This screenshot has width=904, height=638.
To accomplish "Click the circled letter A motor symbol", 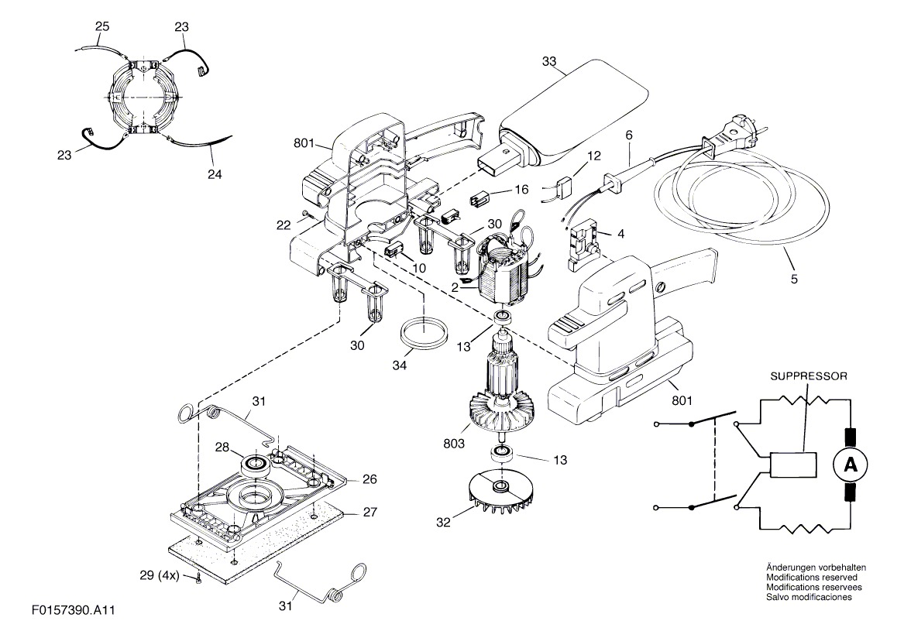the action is (x=851, y=464).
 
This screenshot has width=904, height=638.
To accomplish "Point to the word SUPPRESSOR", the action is (x=809, y=376).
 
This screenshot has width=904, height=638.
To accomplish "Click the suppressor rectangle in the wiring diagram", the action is (x=793, y=464).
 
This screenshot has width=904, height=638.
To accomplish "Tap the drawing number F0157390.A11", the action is (x=74, y=610).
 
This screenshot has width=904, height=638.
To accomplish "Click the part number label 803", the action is (x=454, y=444).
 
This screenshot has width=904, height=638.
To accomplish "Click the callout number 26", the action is (x=370, y=479).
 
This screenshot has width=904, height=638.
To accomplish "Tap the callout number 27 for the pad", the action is (x=370, y=512).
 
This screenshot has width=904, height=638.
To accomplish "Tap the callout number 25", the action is (x=102, y=26).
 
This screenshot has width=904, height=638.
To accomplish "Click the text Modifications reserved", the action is (x=812, y=578).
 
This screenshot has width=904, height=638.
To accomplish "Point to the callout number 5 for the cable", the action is (x=794, y=279).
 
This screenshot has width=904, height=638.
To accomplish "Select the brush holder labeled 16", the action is (x=480, y=200).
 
